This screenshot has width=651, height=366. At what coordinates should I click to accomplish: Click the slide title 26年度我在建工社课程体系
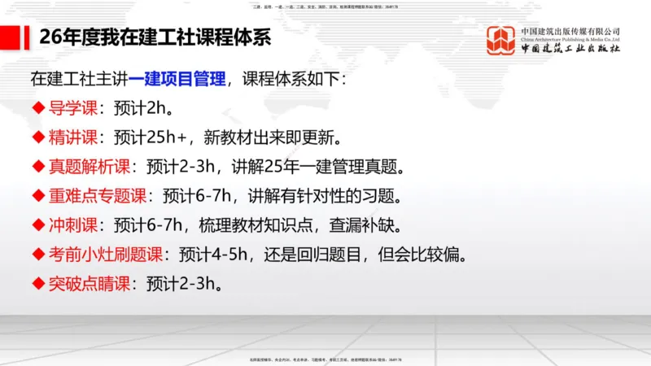click(x=155, y=38)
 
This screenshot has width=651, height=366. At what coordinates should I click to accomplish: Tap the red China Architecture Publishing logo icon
click(x=500, y=41)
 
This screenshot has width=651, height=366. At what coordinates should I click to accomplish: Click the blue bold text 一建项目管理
click(x=176, y=81)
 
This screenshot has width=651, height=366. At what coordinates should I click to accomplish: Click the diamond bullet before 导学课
click(x=37, y=108)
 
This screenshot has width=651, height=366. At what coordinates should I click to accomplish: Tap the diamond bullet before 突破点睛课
click(x=37, y=284)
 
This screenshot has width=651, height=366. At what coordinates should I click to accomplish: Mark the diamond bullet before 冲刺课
click(x=37, y=225)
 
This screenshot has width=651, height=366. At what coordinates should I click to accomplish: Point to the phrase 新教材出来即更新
click(x=276, y=137)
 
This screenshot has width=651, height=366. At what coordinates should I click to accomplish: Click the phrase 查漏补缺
click(x=380, y=225)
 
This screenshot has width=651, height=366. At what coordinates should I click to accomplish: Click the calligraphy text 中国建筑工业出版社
click(x=570, y=48)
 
